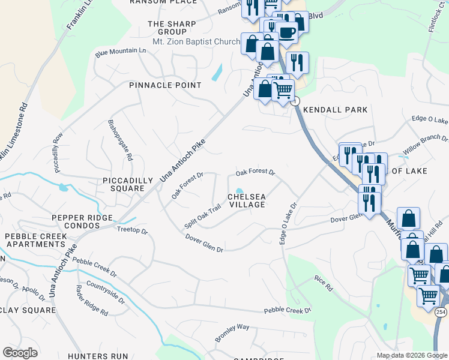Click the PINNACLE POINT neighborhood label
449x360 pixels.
pos(166,85)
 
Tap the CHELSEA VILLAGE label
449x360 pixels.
pos(246,200)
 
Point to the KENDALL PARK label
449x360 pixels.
pos(335,110)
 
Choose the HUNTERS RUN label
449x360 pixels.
pos(98,356)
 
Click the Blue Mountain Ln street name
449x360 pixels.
pos(121,52)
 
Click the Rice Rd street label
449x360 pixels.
pos(323,284)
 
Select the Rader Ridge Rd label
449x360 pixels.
pos(91,300)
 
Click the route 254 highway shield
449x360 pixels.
pos(441,312)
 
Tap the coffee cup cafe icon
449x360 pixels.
pos(288,33)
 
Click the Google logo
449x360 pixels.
pos(20,353)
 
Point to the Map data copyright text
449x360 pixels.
pos(412,355)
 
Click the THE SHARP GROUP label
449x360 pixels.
pos(168,28)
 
